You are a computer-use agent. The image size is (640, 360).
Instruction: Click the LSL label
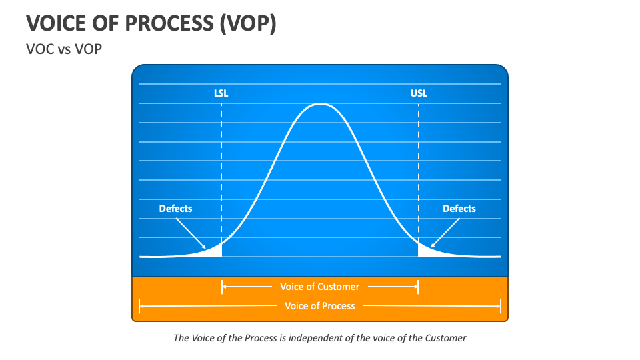[x=221, y=93]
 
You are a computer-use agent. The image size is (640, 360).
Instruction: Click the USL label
[x=419, y=93]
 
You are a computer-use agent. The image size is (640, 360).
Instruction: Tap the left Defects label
[x=175, y=209]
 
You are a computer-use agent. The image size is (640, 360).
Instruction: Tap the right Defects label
[x=459, y=209]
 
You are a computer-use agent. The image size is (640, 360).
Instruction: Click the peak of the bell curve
[x=321, y=104]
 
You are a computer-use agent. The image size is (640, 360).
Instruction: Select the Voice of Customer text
[x=319, y=287]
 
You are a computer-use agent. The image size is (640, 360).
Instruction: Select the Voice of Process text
[x=319, y=306]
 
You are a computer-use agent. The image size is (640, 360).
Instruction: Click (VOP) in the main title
[x=245, y=23]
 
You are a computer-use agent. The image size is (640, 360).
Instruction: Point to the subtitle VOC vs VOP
[x=64, y=49]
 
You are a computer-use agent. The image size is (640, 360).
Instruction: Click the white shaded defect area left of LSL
[x=215, y=251]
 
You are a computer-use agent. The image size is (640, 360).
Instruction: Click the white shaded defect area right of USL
[x=424, y=251]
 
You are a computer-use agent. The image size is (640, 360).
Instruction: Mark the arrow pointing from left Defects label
[x=193, y=232]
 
